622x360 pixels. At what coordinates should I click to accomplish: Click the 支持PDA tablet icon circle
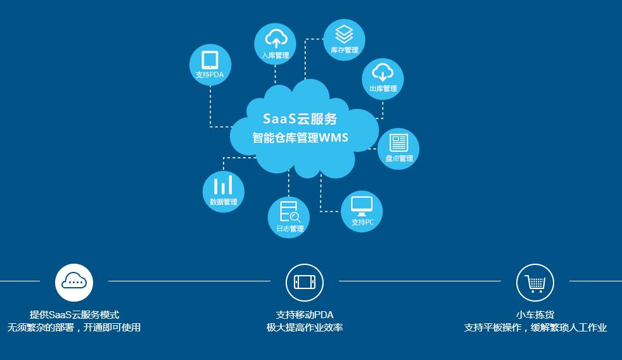[210, 65]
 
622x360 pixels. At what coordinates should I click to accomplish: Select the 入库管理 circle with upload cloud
[275, 43]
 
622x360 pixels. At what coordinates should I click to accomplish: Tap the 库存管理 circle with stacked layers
[344, 39]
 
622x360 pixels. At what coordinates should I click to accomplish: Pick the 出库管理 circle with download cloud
[383, 79]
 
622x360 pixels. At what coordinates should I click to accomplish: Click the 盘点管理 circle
[398, 148]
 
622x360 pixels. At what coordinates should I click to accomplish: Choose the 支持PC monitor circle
[362, 211]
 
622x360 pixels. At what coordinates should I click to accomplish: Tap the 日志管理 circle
[289, 217]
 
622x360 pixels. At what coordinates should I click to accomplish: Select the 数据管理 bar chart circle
[223, 191]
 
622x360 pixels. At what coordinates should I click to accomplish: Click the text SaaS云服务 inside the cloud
[300, 119]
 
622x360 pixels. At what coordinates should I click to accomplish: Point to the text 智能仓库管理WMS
[300, 138]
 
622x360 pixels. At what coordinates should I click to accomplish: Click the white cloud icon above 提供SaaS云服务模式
[74, 281]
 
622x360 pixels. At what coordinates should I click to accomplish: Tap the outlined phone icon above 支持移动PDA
[305, 282]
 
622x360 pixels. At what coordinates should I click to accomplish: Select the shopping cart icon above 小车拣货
[535, 282]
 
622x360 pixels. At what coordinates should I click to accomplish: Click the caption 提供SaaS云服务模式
[74, 314]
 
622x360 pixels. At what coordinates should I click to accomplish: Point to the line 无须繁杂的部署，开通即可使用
[74, 328]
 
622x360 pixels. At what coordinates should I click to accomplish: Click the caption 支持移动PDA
[305, 314]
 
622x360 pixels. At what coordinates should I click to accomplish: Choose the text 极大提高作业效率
[305, 328]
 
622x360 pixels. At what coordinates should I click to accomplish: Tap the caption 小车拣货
[535, 314]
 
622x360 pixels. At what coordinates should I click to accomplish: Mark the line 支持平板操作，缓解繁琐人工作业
[535, 328]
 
